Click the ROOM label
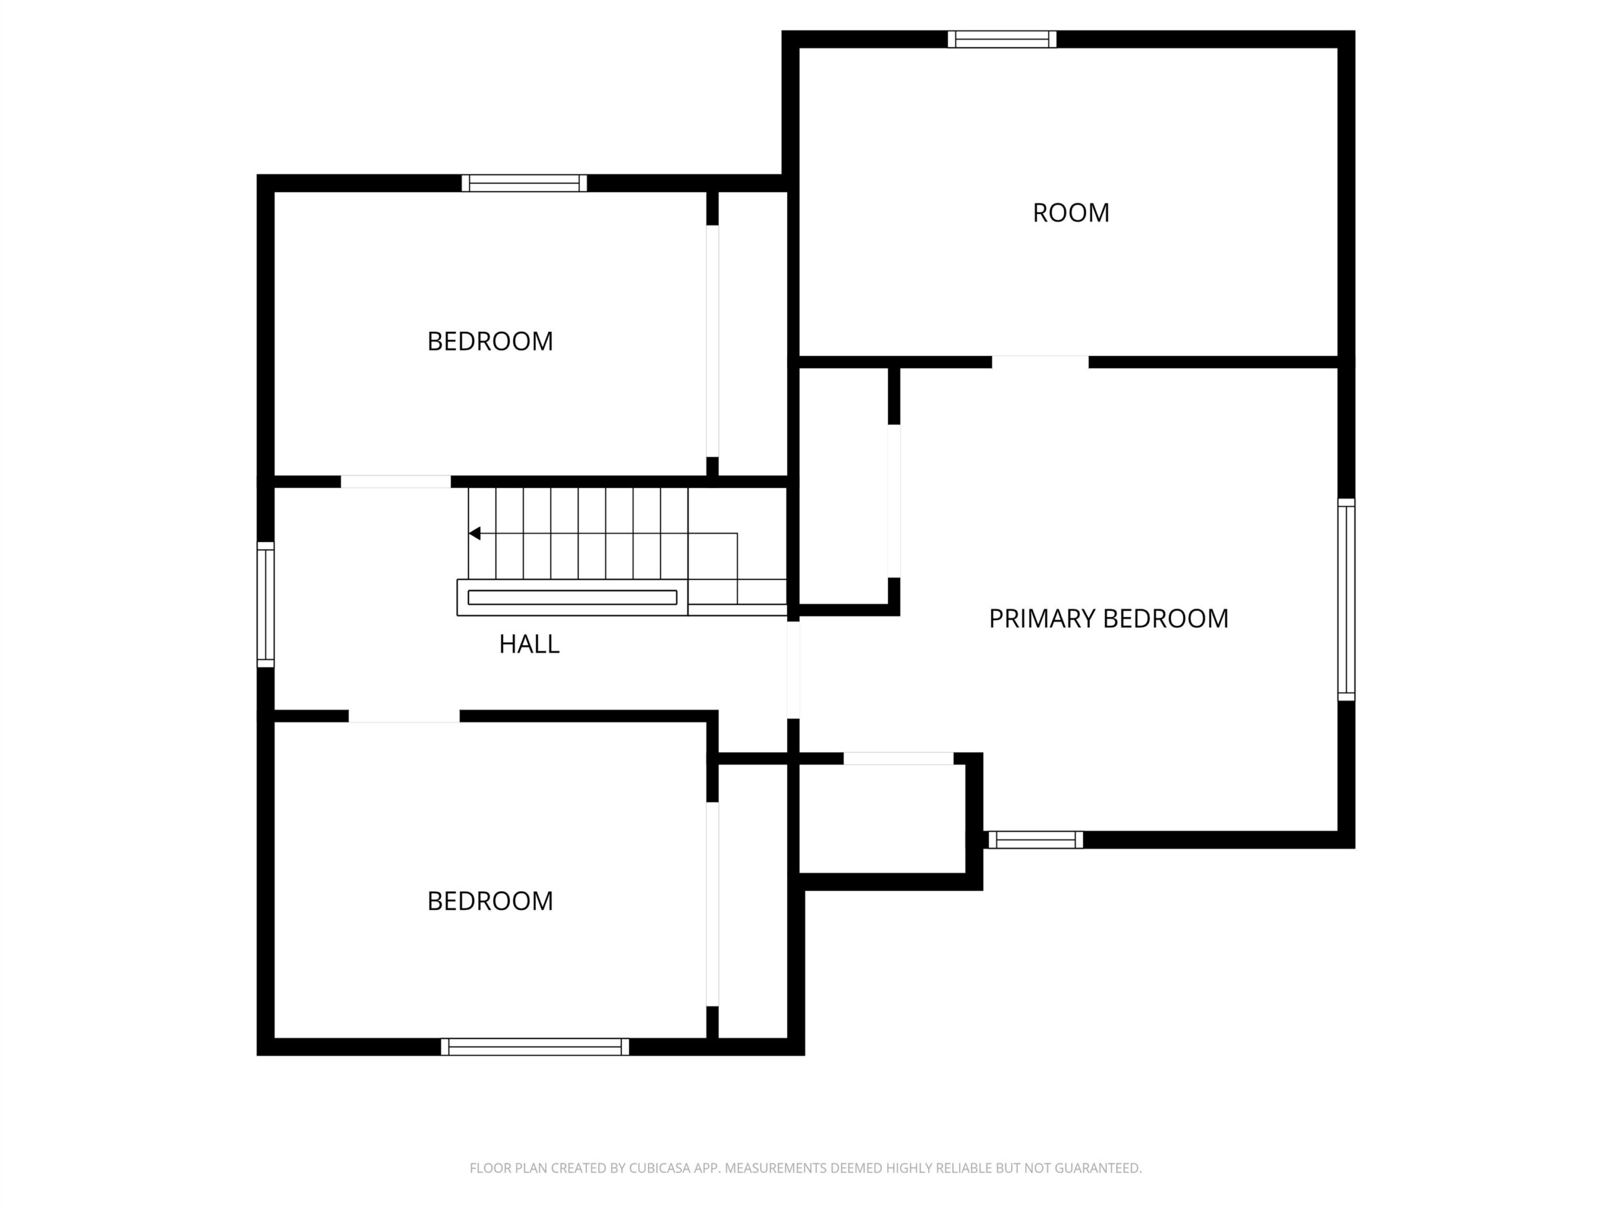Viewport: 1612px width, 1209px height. [x=1070, y=213]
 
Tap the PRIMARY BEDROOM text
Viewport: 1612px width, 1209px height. [x=1108, y=619]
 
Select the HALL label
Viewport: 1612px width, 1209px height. [x=529, y=644]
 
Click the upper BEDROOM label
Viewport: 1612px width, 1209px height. [x=490, y=341]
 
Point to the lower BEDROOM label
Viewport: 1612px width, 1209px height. [x=490, y=902]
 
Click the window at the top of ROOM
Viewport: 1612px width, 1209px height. [x=1002, y=39]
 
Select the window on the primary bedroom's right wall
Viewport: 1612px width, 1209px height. [x=1346, y=599]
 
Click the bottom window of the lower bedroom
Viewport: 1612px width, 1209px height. [x=535, y=1047]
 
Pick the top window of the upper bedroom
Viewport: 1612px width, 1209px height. [x=524, y=183]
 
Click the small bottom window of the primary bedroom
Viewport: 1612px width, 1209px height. [x=1036, y=840]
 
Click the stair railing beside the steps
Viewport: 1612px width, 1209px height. [x=572, y=598]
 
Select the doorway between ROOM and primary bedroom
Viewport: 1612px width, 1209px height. [x=1040, y=362]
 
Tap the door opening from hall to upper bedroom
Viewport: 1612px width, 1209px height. [x=395, y=482]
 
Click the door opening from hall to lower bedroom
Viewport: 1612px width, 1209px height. [x=404, y=717]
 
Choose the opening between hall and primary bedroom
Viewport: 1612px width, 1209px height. [x=793, y=671]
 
